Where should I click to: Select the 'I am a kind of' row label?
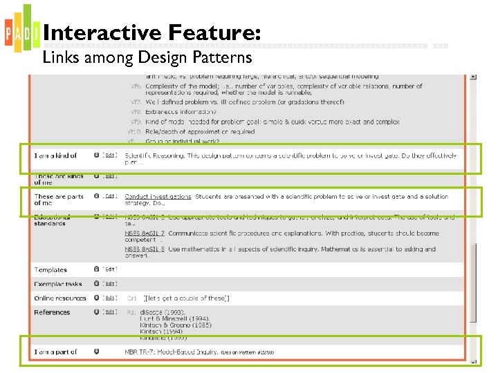(56, 156)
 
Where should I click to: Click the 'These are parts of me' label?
(59, 200)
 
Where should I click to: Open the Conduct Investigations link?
(158, 197)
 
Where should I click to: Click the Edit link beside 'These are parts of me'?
(110, 197)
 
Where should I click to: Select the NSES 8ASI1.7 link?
(145, 233)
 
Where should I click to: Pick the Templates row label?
(50, 270)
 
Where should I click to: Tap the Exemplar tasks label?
(58, 284)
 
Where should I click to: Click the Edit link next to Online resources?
(110, 298)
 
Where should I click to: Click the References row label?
(52, 312)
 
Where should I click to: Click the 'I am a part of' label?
(56, 352)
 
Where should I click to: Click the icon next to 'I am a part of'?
(96, 352)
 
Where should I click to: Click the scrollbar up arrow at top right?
(472, 77)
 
